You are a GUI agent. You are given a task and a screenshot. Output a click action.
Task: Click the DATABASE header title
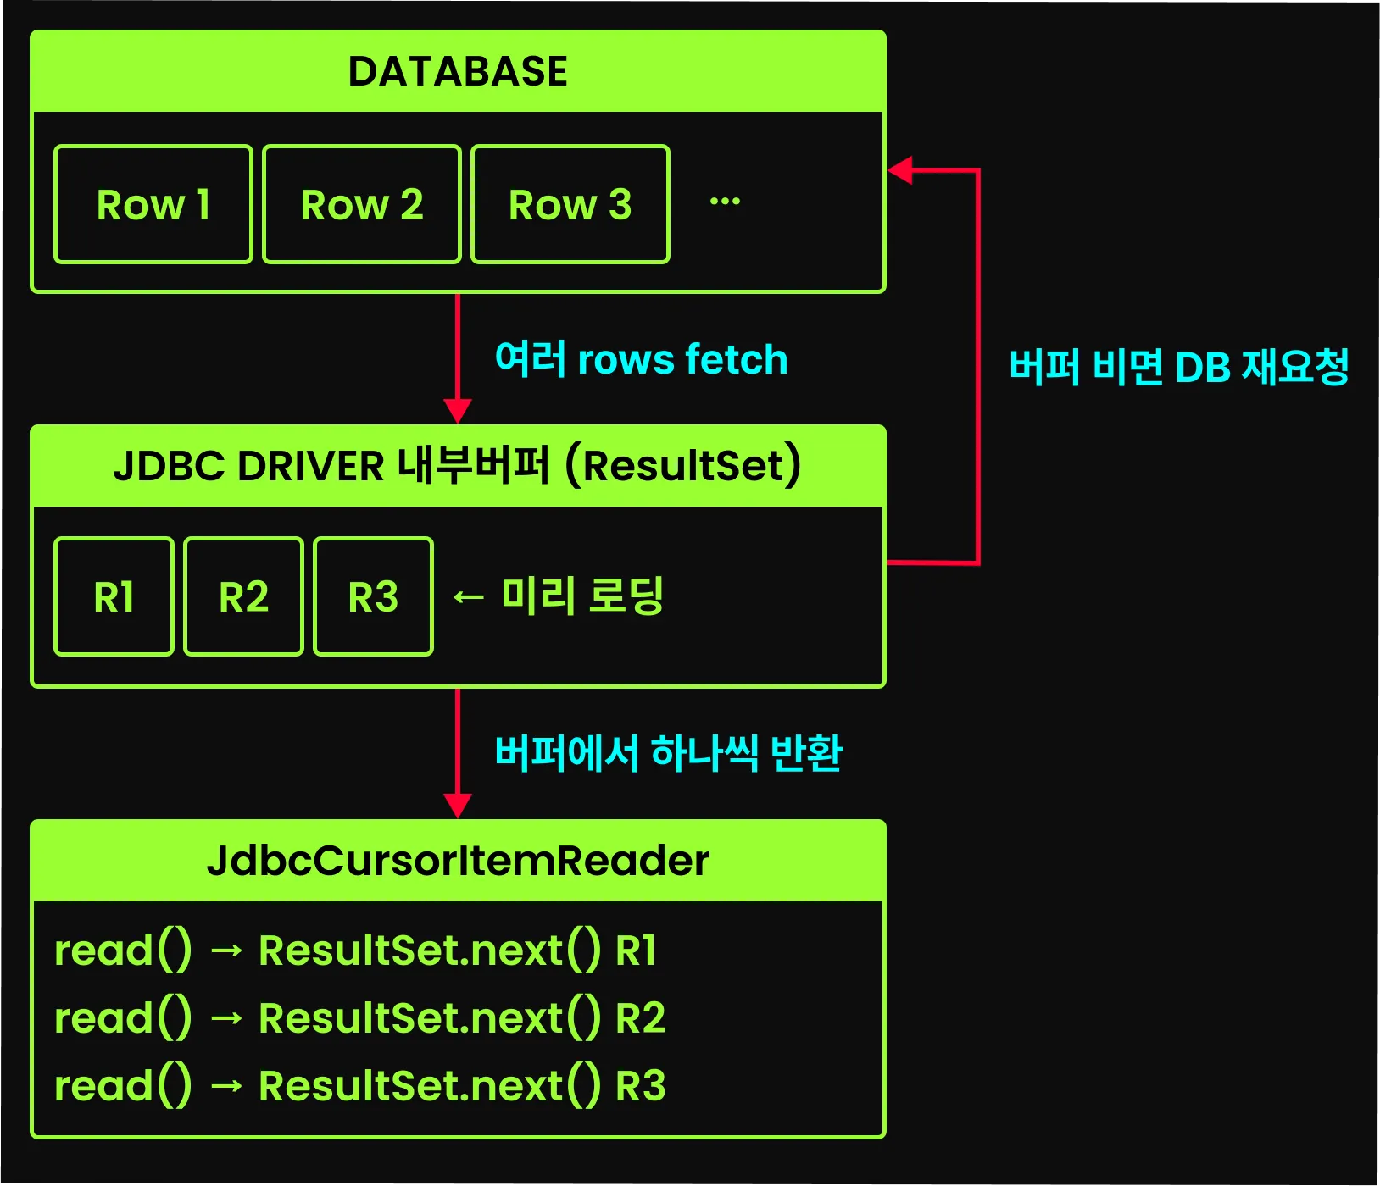click(x=458, y=71)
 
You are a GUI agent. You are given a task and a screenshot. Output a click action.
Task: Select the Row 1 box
click(x=153, y=204)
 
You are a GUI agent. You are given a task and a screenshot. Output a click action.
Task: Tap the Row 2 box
click(x=362, y=204)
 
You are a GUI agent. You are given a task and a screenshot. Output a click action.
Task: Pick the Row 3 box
click(x=570, y=204)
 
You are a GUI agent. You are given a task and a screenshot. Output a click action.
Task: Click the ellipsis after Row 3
click(x=725, y=202)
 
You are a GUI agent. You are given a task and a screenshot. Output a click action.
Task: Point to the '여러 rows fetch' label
click(x=641, y=359)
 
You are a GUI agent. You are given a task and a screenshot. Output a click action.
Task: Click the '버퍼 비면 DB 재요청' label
click(x=1178, y=367)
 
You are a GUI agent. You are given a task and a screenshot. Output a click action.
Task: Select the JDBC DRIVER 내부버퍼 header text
click(x=458, y=465)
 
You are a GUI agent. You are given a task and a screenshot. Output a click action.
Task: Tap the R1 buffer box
click(x=114, y=596)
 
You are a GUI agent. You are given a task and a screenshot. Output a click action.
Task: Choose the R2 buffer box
click(x=244, y=596)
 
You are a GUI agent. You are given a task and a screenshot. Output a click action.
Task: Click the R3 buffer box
click(x=373, y=596)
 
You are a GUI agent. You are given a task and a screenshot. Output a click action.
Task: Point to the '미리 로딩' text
click(x=581, y=596)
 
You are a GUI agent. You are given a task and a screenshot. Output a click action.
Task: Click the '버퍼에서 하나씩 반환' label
click(x=668, y=752)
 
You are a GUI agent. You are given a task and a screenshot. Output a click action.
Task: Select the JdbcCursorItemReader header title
click(x=458, y=861)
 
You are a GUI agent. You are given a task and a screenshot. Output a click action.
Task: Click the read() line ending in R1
click(x=355, y=950)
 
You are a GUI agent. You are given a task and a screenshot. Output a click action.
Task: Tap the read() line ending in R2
click(x=359, y=1017)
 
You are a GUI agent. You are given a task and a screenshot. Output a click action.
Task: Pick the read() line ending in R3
click(x=359, y=1085)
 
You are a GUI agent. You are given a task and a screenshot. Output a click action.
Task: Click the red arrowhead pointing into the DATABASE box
click(x=900, y=170)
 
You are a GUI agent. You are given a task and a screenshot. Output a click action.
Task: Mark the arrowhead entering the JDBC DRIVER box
click(x=458, y=412)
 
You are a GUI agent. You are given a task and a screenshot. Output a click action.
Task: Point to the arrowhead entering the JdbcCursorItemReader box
click(x=458, y=806)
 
